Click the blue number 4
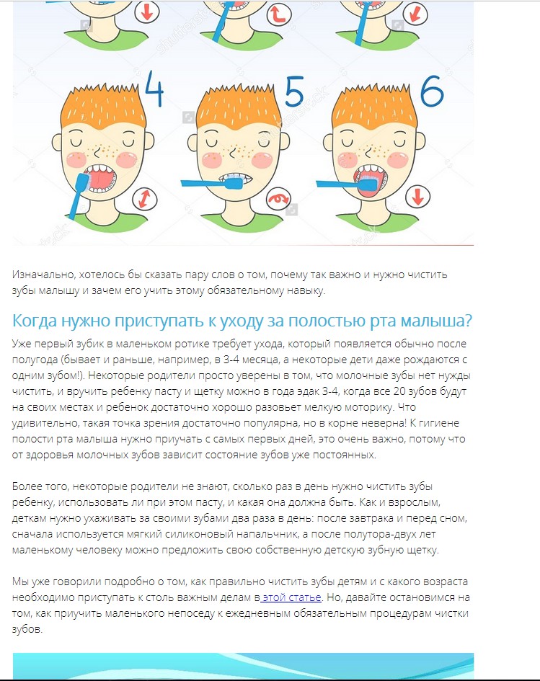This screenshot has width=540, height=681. [154, 89]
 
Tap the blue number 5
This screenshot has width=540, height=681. [294, 92]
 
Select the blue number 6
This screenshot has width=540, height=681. [432, 91]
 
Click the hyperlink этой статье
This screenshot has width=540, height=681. [291, 597]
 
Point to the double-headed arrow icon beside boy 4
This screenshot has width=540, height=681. [145, 198]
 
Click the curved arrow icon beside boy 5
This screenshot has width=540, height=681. [278, 199]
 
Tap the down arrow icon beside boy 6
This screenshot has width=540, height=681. [418, 196]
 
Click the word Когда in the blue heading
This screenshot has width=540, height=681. [35, 321]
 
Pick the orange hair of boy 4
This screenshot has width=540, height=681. [103, 107]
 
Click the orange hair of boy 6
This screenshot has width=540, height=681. [374, 107]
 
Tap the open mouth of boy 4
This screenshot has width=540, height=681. [101, 178]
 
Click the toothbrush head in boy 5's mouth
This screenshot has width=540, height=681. [234, 183]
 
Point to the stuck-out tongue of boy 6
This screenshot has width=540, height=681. [368, 187]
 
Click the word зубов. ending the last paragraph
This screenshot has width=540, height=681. [27, 629]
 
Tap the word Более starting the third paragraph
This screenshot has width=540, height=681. [27, 486]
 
